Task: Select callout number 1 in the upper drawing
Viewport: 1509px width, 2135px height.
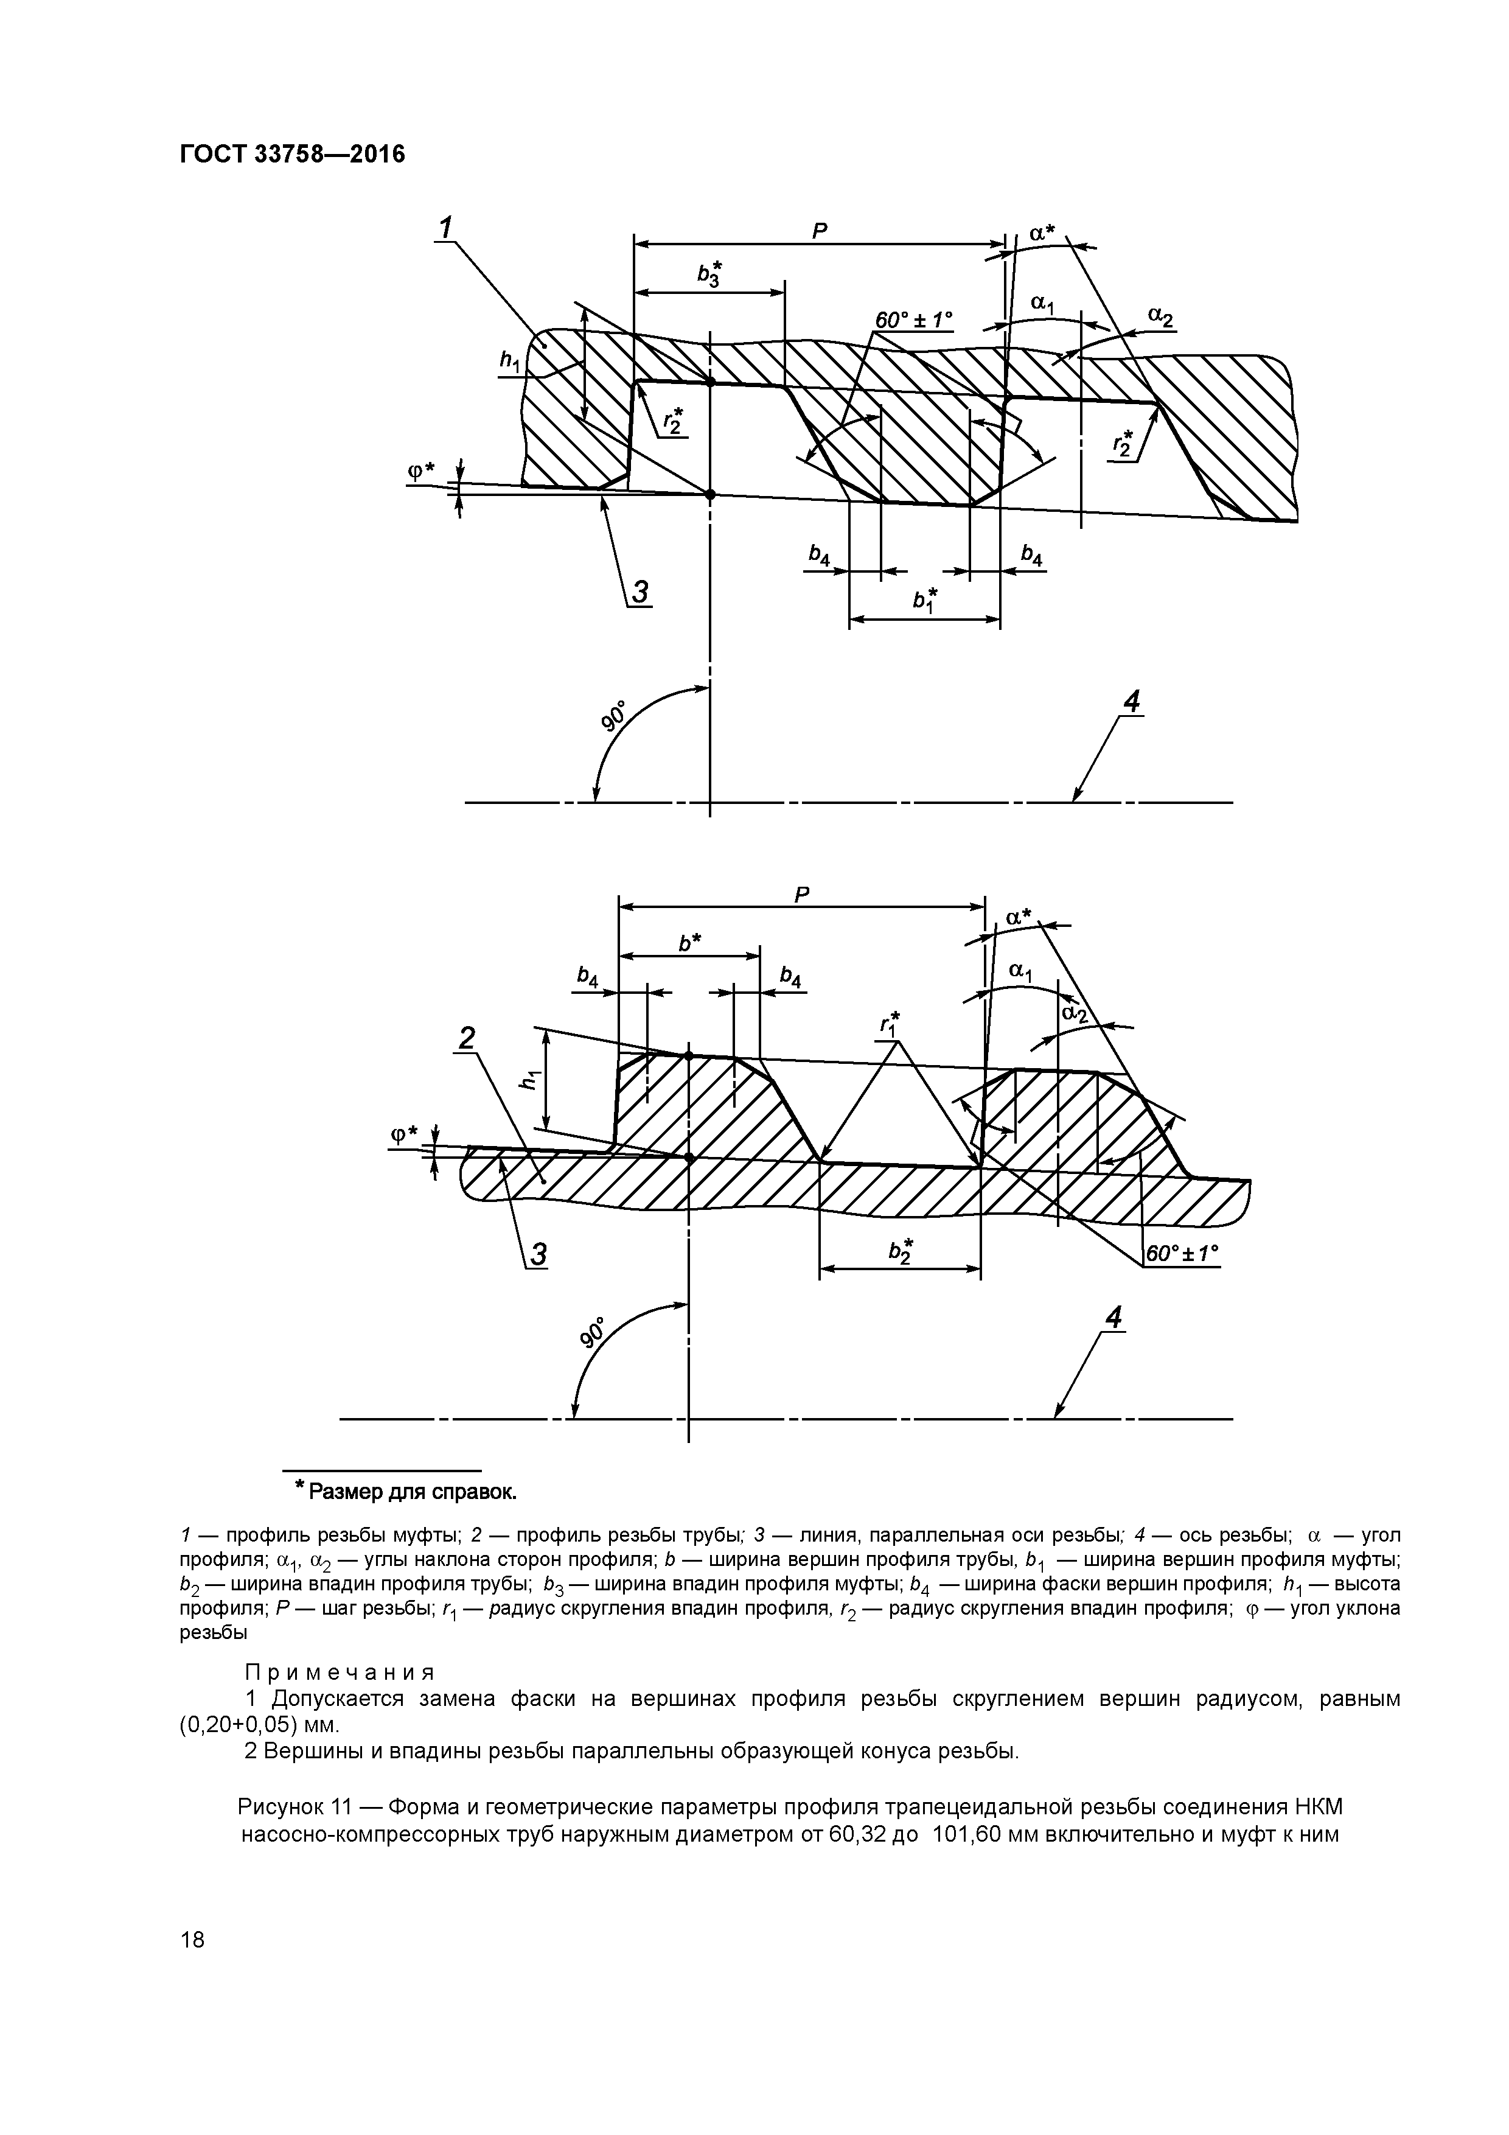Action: (x=445, y=226)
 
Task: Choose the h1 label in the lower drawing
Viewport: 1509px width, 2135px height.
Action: (x=531, y=1080)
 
